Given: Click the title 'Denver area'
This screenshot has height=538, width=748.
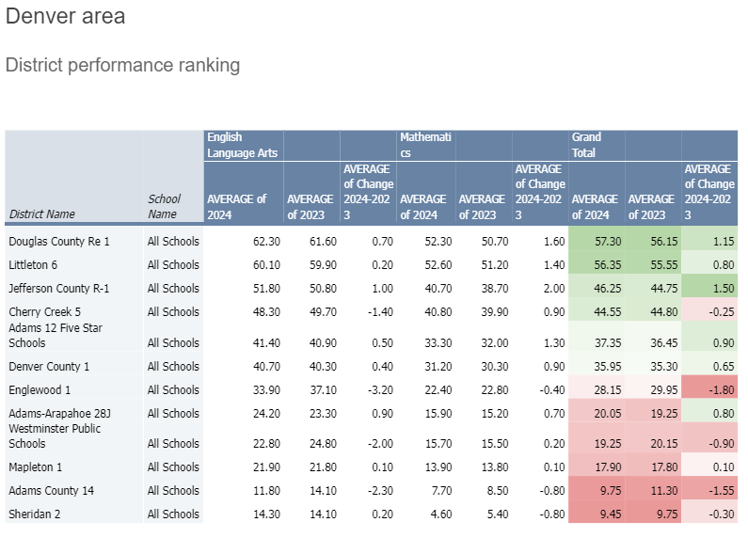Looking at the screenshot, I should tap(65, 17).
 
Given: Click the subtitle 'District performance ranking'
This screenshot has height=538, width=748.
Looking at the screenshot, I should tap(122, 65).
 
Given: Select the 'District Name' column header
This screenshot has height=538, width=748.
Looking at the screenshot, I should tap(41, 214).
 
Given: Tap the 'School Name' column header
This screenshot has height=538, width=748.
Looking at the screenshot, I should tap(164, 206).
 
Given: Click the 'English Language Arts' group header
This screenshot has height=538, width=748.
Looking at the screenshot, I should tap(243, 145).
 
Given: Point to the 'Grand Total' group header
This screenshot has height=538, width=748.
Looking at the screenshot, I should tap(586, 145).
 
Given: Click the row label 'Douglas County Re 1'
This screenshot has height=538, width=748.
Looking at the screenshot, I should tap(59, 242).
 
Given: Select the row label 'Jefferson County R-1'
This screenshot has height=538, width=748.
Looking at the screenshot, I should tap(59, 289).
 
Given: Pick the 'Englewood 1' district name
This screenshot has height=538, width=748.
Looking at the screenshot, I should tap(40, 389).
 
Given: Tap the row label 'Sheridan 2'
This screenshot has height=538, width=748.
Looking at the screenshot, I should tap(36, 514).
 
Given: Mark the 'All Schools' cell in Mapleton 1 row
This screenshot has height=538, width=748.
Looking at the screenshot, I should tap(173, 467).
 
